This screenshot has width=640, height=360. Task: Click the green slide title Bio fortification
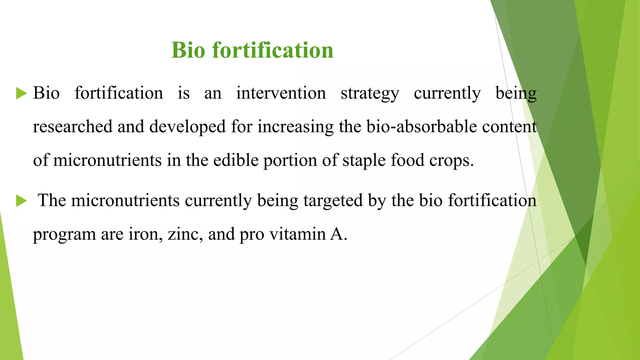252,50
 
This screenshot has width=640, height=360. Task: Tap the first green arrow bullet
21,93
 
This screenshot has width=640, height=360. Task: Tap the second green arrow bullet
21,201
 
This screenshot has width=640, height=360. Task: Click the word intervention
281,93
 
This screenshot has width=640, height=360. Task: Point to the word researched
72,127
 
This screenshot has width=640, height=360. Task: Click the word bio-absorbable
422,127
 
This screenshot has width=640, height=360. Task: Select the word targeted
333,201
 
